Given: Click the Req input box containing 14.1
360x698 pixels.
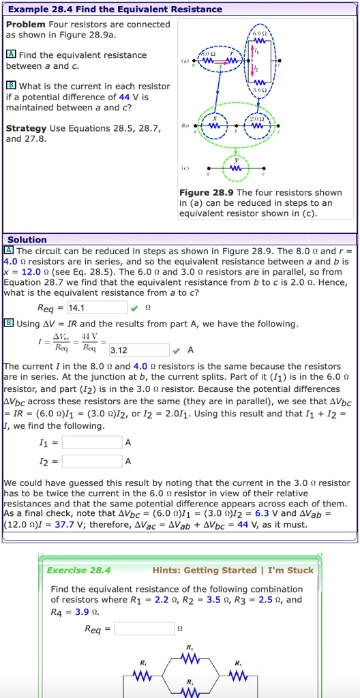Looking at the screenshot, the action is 102,307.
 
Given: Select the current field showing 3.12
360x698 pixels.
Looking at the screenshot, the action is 139,350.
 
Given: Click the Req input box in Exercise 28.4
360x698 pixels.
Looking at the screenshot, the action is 145,628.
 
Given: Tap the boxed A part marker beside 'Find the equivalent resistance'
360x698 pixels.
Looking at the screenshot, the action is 11,55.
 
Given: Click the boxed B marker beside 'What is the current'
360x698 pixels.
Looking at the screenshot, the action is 11,86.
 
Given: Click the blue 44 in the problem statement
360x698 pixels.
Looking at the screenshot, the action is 123,97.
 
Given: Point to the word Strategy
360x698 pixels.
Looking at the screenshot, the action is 27,128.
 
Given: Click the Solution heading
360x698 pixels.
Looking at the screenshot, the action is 27,239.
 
